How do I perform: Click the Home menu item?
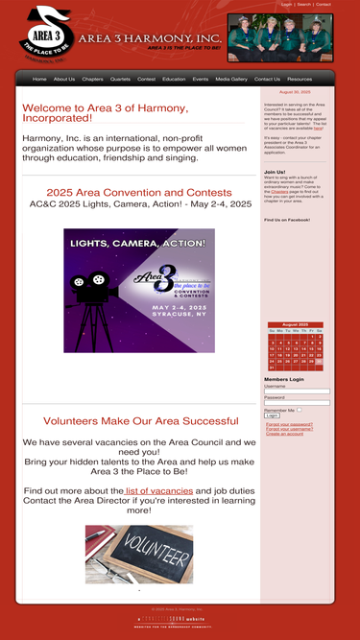39,79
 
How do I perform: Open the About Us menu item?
64,79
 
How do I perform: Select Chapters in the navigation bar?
92,79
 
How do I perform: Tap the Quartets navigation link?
120,79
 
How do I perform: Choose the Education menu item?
174,79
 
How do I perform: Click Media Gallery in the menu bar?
231,79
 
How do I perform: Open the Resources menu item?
300,79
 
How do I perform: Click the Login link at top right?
286,4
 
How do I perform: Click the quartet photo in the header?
279,37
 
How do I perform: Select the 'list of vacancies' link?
158,490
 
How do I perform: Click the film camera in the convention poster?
92,288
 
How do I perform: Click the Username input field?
297,391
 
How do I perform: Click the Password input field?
297,403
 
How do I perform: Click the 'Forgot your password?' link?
289,424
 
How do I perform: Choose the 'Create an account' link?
284,434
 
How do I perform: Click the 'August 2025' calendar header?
295,324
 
